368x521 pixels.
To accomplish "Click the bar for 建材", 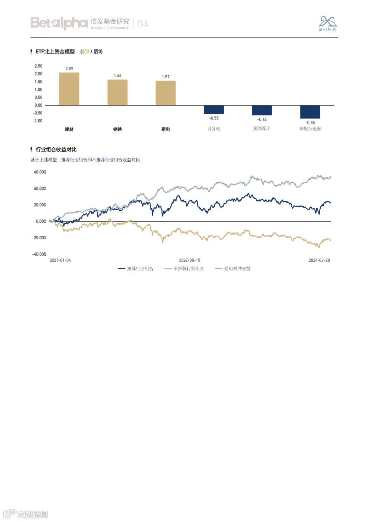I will [x=69, y=89].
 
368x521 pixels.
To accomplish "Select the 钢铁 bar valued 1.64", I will [x=118, y=92].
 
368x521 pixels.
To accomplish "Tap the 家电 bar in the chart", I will [x=166, y=93].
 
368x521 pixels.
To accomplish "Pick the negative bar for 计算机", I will [x=214, y=109].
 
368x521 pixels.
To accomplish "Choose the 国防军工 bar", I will [x=262, y=110].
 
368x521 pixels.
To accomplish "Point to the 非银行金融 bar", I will [x=310, y=112].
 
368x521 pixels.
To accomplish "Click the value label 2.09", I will [x=69, y=69].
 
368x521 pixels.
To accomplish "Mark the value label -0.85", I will [x=310, y=123].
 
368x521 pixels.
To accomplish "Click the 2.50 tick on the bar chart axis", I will [x=38, y=66].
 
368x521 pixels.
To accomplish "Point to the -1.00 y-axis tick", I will [x=38, y=121].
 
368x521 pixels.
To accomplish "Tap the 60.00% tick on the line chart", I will [x=40, y=172].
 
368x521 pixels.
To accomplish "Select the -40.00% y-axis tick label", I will [x=39, y=254].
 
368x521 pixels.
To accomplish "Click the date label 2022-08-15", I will [x=190, y=260].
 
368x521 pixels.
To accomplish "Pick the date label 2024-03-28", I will [x=319, y=260].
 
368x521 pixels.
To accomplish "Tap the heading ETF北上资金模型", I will [x=55, y=51].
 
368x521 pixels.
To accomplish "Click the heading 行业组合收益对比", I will [x=56, y=150].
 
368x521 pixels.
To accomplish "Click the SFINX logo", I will [x=327, y=23].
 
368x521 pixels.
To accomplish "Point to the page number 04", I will [x=142, y=24].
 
